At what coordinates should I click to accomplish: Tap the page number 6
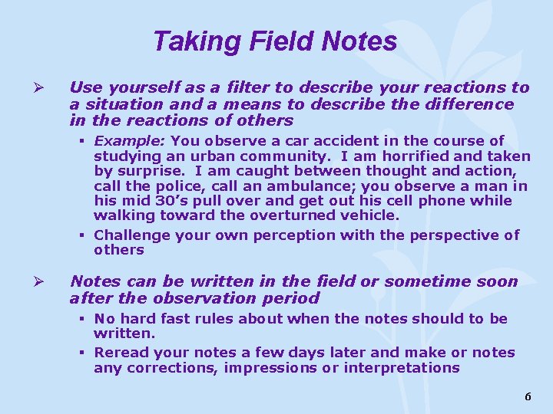click(527, 396)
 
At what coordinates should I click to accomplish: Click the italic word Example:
click(130, 140)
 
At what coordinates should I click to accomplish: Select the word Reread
click(121, 353)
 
